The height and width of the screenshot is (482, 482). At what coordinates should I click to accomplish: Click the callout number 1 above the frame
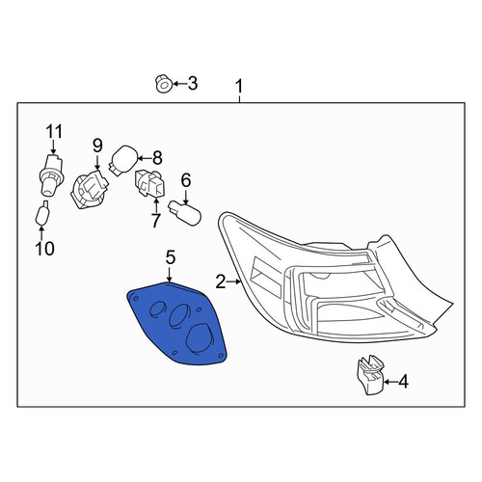tap(239, 87)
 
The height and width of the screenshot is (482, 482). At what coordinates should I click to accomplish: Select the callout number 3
tap(192, 84)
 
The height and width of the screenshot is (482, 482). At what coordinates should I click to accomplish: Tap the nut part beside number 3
tap(163, 84)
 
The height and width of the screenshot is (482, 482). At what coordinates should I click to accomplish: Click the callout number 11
tap(54, 131)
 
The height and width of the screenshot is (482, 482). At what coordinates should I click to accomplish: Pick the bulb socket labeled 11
tap(51, 174)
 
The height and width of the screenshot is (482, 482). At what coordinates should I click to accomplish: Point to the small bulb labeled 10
tap(42, 213)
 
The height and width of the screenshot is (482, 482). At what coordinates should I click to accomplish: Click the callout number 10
tap(45, 248)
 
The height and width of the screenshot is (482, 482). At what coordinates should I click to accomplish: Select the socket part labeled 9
tap(89, 190)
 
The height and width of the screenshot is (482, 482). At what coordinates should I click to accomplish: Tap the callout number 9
tap(97, 146)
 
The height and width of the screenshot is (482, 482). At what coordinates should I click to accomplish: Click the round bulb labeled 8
tap(122, 160)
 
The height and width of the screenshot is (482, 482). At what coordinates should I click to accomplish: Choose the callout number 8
tap(157, 158)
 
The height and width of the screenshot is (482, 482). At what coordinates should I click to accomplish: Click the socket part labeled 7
tap(149, 183)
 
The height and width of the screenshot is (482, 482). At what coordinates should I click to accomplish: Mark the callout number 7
tap(155, 221)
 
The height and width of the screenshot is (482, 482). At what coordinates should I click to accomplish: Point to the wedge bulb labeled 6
tap(185, 213)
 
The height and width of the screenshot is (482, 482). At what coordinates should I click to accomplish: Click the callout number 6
tap(186, 180)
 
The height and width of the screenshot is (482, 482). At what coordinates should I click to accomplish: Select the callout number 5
tap(171, 257)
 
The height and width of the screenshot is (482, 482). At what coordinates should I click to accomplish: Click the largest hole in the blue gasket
tap(201, 338)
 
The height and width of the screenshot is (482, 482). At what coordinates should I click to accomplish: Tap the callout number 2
tap(221, 281)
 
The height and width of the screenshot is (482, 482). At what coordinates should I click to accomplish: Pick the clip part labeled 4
tap(370, 374)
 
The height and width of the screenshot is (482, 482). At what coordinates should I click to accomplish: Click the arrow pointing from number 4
tap(390, 382)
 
